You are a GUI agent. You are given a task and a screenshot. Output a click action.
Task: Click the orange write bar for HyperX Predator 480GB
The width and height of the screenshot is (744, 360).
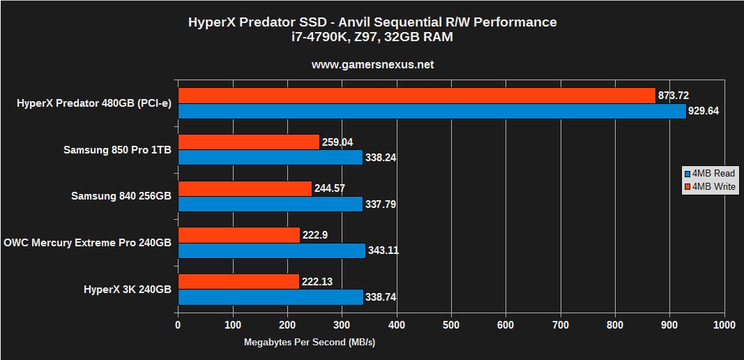416,96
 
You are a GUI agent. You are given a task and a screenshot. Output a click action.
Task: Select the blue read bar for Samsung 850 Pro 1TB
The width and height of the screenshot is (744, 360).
271,158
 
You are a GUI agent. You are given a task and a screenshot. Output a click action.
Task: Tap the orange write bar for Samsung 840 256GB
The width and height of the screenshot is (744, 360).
245,188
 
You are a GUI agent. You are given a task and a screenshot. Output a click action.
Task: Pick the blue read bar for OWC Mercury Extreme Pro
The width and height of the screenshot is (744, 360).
272,250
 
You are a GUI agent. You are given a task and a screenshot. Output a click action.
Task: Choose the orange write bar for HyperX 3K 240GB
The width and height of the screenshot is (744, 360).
239,281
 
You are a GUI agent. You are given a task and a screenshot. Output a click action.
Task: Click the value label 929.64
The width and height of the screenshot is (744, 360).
706,111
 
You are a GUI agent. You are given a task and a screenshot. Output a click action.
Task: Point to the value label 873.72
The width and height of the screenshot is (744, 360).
675,96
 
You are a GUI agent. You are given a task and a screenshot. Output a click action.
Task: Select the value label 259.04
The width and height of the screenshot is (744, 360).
337,142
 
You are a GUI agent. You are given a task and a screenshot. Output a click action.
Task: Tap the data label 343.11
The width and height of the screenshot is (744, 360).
384,250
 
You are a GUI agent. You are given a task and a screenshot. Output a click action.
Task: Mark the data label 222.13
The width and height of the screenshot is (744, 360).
318,281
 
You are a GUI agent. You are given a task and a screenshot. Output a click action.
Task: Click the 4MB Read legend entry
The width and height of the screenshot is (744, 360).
708,174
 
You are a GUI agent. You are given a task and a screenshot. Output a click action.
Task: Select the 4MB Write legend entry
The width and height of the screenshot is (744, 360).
708,186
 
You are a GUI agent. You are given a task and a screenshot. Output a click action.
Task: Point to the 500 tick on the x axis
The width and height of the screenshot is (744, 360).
451,325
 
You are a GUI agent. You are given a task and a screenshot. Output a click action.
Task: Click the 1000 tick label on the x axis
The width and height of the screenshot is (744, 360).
724,325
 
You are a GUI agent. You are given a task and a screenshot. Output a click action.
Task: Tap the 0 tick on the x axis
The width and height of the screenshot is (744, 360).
179,325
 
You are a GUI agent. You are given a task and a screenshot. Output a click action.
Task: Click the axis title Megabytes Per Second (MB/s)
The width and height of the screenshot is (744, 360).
309,343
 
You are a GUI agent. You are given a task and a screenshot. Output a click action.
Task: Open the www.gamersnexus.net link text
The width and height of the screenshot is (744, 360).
372,64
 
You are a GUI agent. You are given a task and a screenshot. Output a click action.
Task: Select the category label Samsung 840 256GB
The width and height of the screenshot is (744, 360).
121,196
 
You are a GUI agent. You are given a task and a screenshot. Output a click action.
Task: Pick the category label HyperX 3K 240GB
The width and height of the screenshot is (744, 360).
127,289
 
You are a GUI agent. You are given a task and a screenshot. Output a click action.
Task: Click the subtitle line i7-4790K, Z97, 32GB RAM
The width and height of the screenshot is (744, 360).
372,37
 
